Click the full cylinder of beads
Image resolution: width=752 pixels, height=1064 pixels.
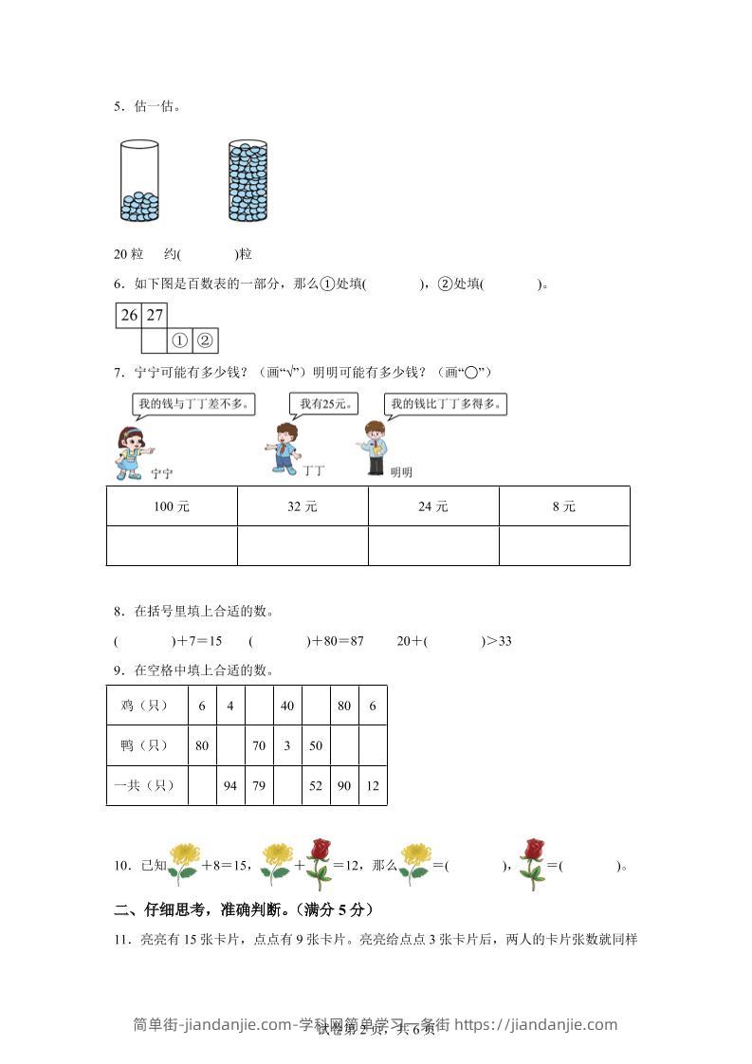coord(248,181)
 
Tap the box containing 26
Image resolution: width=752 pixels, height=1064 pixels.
coord(129,315)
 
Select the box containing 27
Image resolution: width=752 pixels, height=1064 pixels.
coord(155,315)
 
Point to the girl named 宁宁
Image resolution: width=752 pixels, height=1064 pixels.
coord(129,449)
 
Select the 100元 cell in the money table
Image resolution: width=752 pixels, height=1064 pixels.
coord(172,506)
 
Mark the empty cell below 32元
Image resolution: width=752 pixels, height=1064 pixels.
coord(303,546)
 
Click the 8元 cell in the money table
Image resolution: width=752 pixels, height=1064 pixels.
coord(564,506)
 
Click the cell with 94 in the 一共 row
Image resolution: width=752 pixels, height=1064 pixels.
coord(229,785)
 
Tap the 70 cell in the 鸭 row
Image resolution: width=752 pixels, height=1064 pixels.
coord(258,745)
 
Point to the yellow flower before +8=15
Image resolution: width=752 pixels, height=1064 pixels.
coord(183,863)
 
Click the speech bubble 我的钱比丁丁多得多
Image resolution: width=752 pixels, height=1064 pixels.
coord(446,404)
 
